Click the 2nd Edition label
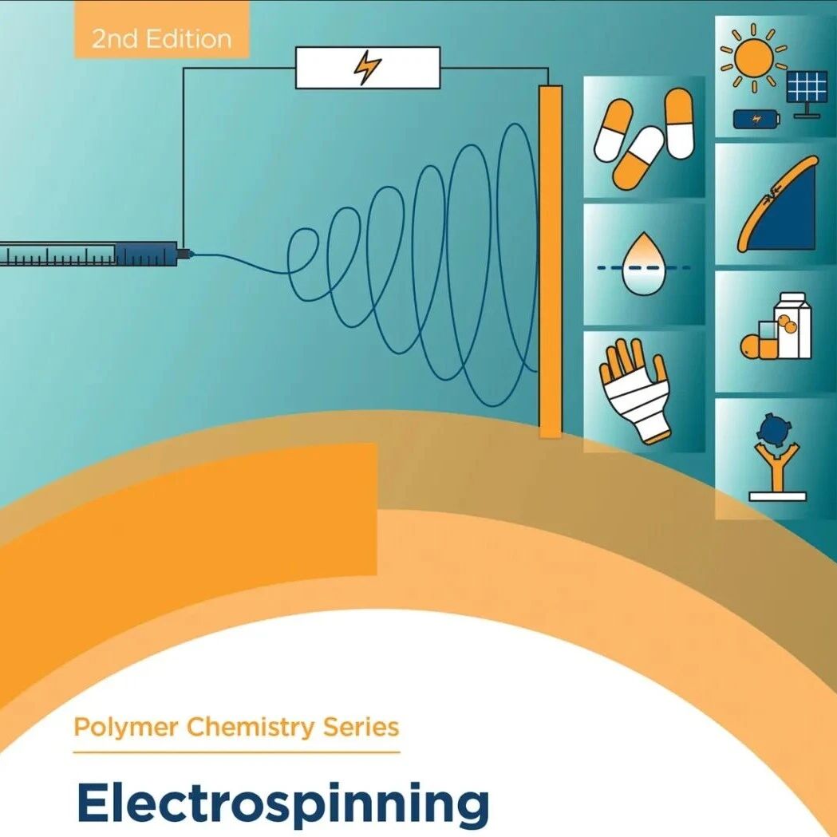[162, 39]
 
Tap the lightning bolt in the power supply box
[368, 67]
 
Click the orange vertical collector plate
[551, 262]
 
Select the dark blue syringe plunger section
[146, 254]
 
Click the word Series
[361, 727]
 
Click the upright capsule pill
[679, 124]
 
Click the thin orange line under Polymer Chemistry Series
[236, 752]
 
